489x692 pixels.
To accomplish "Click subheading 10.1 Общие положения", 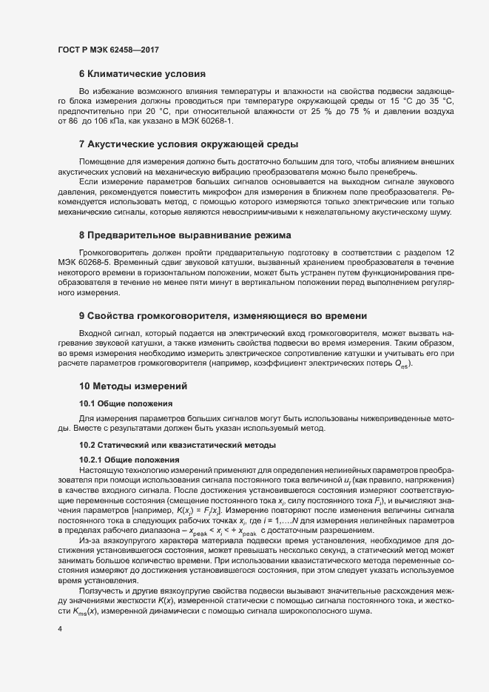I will click(x=126, y=403).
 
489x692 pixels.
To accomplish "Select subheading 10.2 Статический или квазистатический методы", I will click(x=178, y=445).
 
